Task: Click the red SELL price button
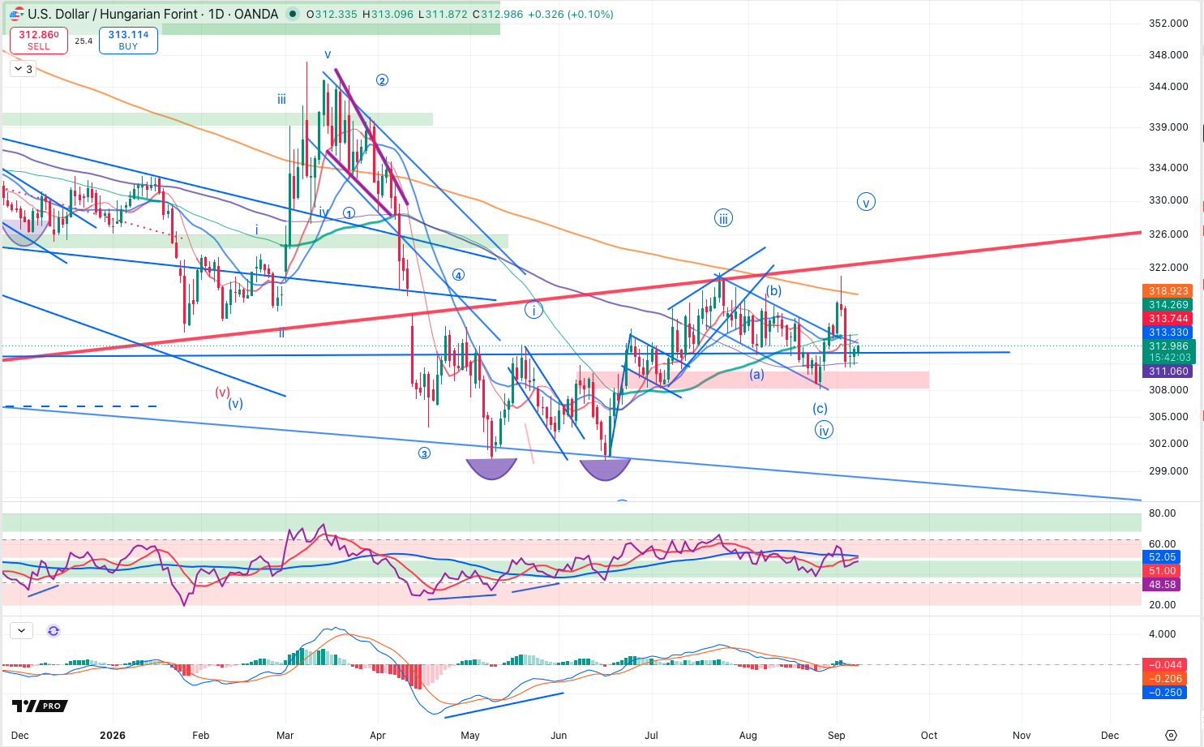click(39, 41)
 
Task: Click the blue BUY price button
click(128, 41)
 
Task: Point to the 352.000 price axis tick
click(1168, 24)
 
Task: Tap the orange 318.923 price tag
click(1168, 291)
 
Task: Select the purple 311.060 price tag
click(1168, 371)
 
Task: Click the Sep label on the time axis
click(837, 735)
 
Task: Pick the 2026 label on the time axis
click(113, 735)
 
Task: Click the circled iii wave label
click(723, 218)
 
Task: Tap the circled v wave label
click(866, 202)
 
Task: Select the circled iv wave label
click(824, 430)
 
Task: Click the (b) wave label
click(773, 291)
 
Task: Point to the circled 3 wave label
click(425, 454)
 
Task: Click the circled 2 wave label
click(382, 80)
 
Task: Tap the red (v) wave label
click(222, 392)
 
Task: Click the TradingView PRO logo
click(40, 706)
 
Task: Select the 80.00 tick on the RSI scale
click(1162, 513)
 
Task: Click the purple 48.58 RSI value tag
click(1162, 585)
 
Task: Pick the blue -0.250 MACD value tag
click(1164, 692)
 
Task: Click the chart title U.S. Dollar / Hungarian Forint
click(152, 14)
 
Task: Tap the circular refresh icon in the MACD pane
click(54, 631)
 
